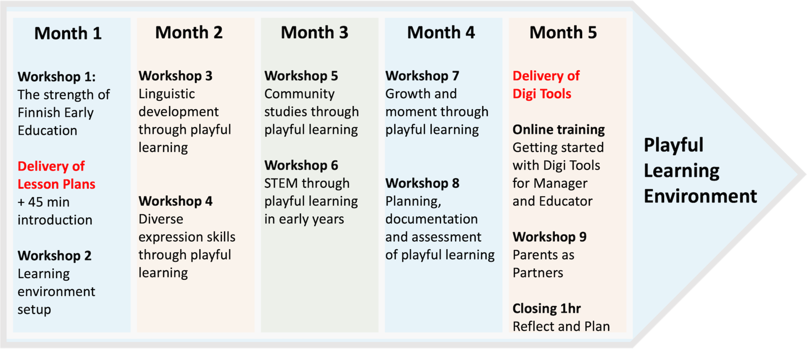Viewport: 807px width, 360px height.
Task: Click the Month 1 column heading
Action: click(x=68, y=33)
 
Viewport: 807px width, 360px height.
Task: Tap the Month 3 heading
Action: click(x=314, y=32)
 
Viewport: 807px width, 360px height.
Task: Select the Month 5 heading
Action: click(x=563, y=32)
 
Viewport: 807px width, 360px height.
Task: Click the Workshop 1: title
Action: click(x=56, y=77)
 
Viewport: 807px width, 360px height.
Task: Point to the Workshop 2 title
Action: click(x=54, y=256)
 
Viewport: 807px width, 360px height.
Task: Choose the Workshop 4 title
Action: click(x=175, y=201)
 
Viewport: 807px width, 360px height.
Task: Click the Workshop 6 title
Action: click(x=301, y=166)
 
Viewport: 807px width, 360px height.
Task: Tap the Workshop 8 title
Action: click(x=422, y=183)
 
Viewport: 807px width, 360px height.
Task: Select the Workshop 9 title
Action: click(x=549, y=237)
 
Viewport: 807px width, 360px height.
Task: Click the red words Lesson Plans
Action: click(x=56, y=184)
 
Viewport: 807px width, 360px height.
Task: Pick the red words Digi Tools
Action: click(x=542, y=94)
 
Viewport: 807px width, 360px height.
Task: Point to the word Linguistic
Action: click(x=166, y=94)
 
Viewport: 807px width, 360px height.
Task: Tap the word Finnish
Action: click(x=39, y=113)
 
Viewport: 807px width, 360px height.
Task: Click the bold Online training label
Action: click(x=559, y=130)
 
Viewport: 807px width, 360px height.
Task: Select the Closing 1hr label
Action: click(x=546, y=309)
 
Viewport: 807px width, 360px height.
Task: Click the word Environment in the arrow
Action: click(x=700, y=196)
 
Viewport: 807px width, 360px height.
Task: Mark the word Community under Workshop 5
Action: click(x=299, y=94)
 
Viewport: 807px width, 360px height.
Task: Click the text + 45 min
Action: click(x=43, y=202)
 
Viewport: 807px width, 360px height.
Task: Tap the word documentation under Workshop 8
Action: click(x=431, y=219)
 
